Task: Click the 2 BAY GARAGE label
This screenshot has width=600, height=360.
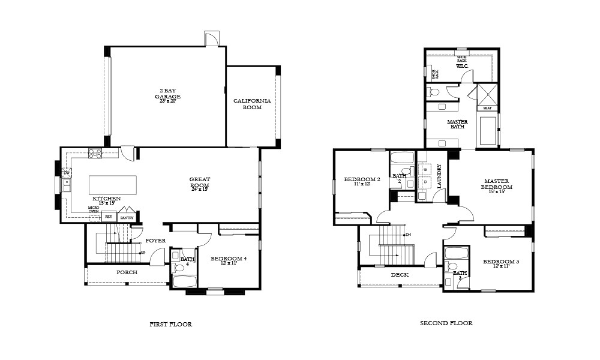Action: (167, 94)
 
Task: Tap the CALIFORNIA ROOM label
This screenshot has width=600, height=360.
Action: (252, 104)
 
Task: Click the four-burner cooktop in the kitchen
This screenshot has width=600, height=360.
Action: (95, 154)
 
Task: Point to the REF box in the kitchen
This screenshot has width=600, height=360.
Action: (109, 217)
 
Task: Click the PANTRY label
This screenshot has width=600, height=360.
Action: (127, 218)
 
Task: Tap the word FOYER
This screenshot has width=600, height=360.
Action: (155, 241)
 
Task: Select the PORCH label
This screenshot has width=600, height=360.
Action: (127, 272)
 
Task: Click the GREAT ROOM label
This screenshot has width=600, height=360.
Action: (199, 182)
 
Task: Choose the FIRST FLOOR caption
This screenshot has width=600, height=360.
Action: (170, 324)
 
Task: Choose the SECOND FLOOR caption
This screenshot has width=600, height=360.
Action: (446, 323)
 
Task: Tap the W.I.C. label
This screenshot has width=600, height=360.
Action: (461, 66)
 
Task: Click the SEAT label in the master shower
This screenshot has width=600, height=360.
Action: (487, 108)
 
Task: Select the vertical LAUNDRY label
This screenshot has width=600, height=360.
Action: (439, 176)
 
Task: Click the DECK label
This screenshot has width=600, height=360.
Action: (400, 275)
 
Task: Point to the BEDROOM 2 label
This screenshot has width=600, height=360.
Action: (362, 179)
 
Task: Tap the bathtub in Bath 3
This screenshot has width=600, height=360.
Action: (457, 253)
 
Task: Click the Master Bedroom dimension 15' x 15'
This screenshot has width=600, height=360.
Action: (496, 192)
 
